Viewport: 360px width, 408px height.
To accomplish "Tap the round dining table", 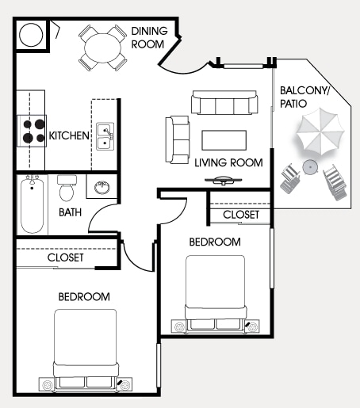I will pos(101,48).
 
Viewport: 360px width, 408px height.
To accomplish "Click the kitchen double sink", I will pos(105,135).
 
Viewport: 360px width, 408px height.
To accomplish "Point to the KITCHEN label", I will pos(69,135).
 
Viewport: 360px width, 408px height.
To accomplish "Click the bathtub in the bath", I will pos(33,204).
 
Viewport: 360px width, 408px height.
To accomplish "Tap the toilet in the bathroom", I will pos(67,189).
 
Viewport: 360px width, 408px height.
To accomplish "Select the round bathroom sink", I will pos(101,188).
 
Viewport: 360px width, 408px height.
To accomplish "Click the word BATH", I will pos(71,212).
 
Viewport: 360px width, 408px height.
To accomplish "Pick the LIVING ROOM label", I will pos(228,163).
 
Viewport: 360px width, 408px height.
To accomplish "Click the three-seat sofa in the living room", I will pos(224,104).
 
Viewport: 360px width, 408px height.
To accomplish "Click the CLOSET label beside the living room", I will pos(240,215).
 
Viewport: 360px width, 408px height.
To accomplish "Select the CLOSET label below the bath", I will pos(66,257).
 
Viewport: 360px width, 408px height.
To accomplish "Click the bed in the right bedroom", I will pos(215,291).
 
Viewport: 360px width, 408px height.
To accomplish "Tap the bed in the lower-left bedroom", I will pos(86,349).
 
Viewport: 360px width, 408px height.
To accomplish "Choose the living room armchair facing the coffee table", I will pos(178,139).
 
